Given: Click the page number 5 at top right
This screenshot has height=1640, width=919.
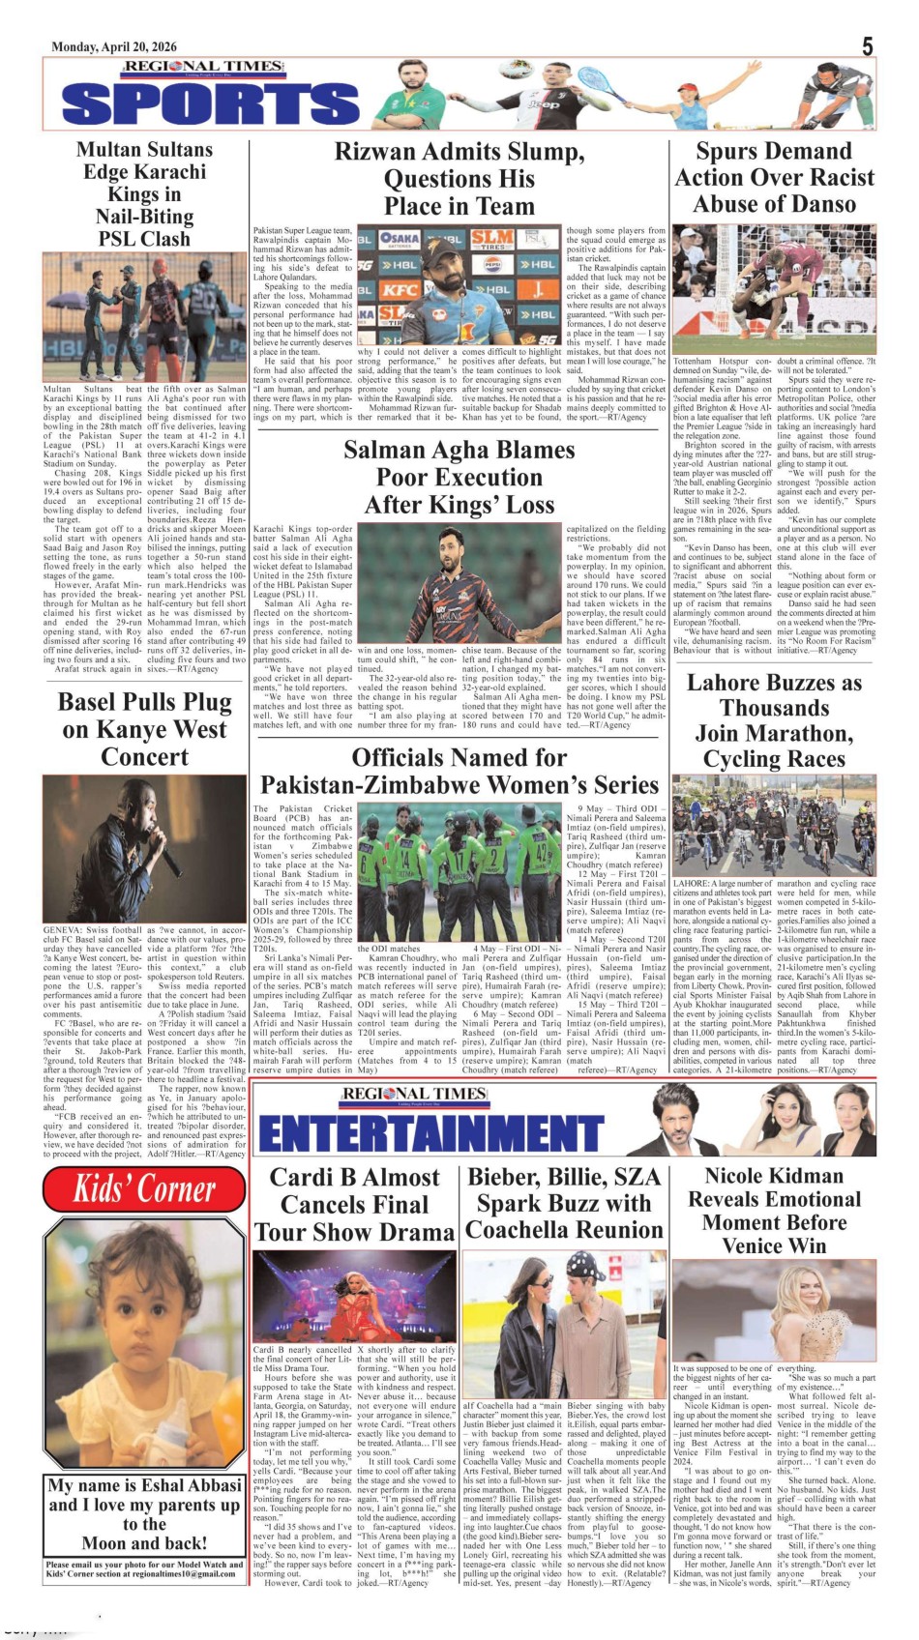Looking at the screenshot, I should tap(868, 46).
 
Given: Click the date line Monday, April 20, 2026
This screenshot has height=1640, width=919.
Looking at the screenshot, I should tap(114, 46).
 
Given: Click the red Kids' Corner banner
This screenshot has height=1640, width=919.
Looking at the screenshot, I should tap(145, 1188).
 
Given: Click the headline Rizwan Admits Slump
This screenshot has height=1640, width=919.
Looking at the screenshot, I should tap(459, 179).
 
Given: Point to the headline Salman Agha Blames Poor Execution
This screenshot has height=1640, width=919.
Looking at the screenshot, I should tap(459, 477).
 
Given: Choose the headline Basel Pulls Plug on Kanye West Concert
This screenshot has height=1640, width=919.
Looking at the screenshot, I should tap(145, 729).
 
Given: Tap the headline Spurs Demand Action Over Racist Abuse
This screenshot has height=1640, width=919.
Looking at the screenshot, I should tap(774, 177).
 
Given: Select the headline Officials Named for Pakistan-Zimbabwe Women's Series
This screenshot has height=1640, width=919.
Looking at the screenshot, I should tap(459, 771).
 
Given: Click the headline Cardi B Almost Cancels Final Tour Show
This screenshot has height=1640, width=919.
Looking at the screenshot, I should tap(354, 1205).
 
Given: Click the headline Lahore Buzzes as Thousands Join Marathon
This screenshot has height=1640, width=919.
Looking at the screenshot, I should tap(774, 720).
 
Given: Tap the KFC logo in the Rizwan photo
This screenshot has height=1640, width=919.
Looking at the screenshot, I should tap(400, 289).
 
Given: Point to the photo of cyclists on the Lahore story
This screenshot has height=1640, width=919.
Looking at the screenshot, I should tap(774, 827).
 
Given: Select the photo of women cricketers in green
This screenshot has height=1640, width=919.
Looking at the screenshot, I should tap(459, 869).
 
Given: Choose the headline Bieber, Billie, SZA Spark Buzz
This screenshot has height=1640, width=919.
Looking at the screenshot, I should tap(564, 1203).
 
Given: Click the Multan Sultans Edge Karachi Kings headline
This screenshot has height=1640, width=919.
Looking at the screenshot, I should tap(145, 193).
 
